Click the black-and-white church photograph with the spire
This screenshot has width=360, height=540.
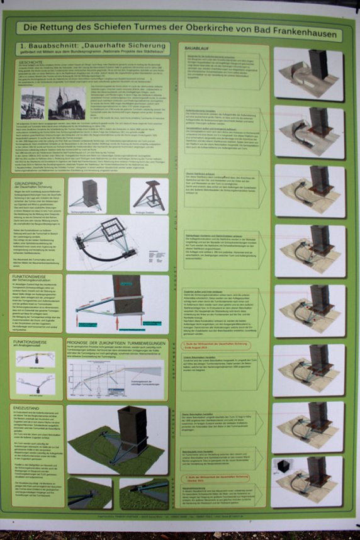click(66, 103)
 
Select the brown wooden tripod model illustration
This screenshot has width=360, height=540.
click(149, 194)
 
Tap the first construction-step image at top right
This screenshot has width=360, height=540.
click(308, 74)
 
